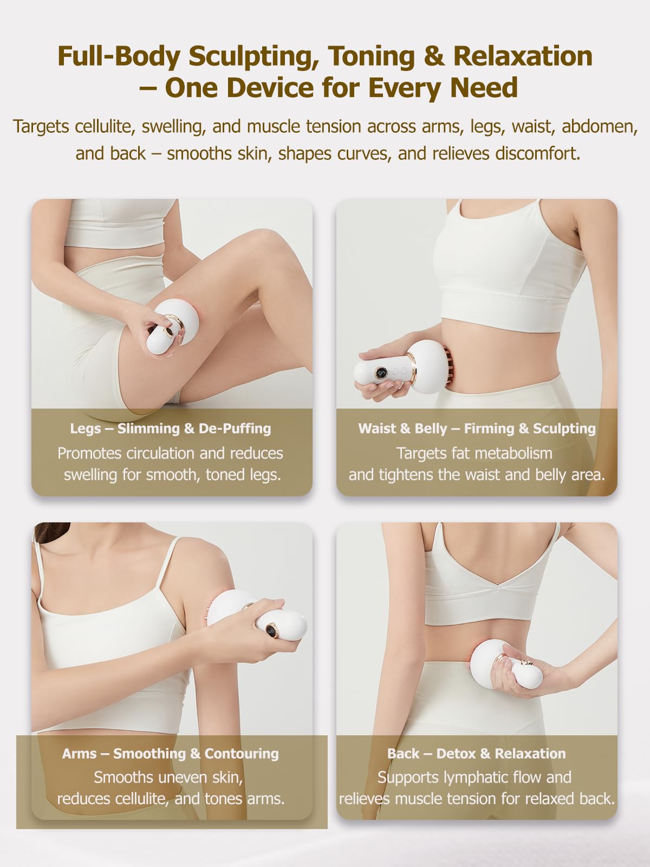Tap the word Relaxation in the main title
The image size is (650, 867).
[x=523, y=56]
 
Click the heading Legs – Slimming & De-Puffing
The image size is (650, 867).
[x=171, y=429]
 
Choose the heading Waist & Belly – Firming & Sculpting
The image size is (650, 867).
[x=477, y=429]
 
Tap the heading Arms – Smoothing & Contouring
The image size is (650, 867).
[x=171, y=754]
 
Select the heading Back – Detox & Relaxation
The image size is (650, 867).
[x=477, y=754]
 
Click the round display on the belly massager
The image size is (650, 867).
[x=381, y=373]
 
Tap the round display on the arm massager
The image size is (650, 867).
[x=271, y=631]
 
